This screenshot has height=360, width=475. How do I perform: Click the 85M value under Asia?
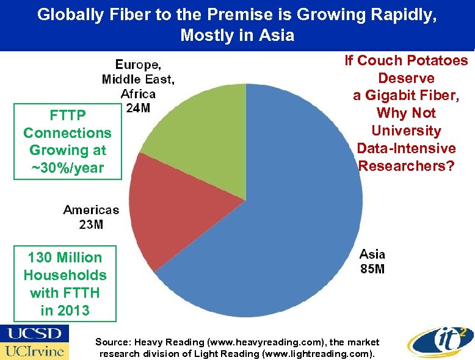point(372,268)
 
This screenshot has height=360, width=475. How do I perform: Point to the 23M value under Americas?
point(91,225)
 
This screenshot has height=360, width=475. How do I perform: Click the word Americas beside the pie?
point(91,210)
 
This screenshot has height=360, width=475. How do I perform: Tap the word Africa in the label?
point(138,94)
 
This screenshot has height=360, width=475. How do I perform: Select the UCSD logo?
point(35,334)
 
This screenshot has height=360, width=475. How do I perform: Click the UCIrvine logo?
point(35,351)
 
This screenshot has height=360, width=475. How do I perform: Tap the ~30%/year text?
point(67,168)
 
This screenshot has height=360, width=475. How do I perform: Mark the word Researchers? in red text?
point(406,166)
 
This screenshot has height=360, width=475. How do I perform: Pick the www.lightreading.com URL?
point(327,354)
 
